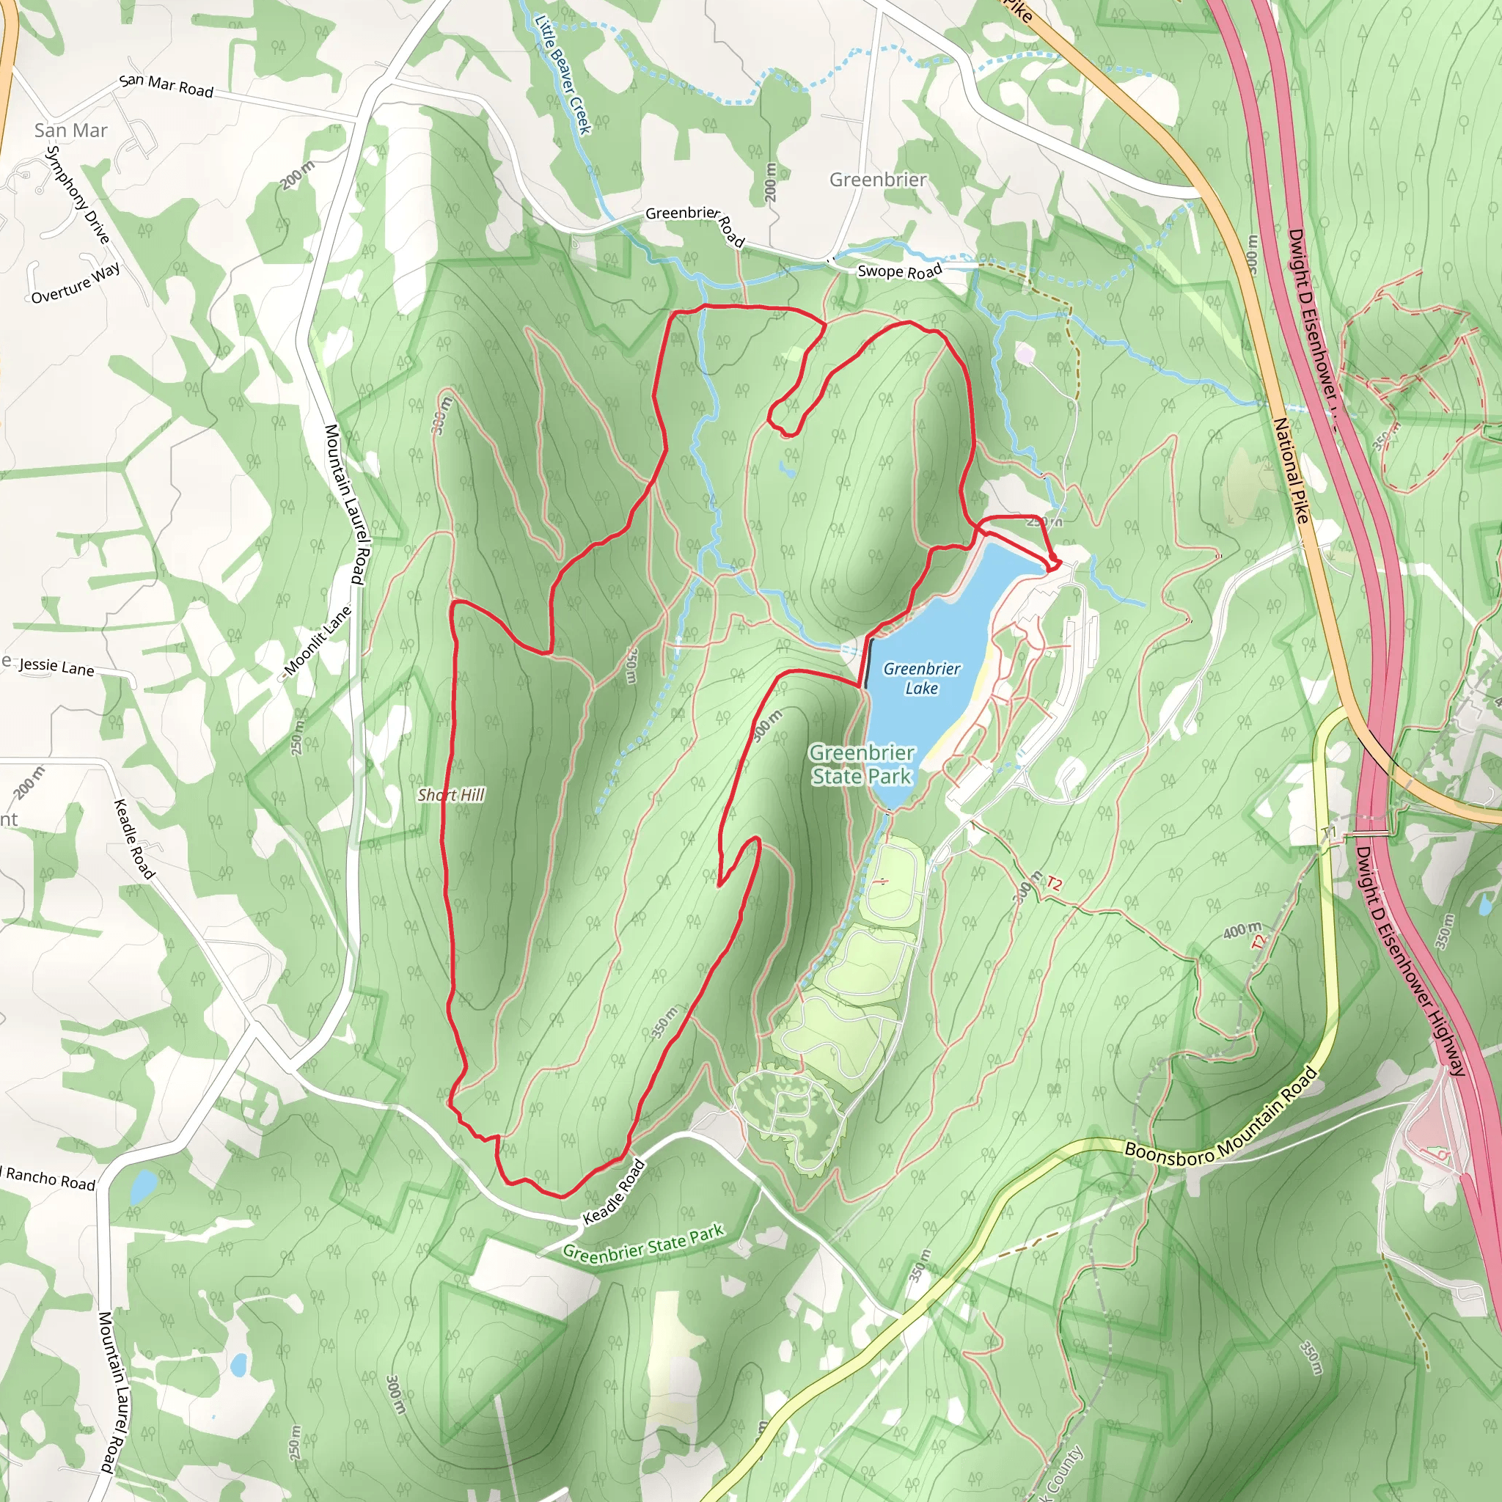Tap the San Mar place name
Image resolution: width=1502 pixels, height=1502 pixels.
[70, 131]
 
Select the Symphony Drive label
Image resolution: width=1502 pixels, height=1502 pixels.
[78, 194]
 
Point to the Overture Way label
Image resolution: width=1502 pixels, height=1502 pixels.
[76, 283]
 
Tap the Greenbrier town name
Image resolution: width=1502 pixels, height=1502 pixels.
[878, 180]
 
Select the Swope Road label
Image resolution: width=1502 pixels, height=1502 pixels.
[899, 271]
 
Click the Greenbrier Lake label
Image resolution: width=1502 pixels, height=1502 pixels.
[922, 678]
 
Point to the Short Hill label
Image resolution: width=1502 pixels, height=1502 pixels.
[451, 794]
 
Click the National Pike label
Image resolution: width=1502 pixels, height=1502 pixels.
[1292, 469]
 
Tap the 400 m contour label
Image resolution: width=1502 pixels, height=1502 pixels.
[1242, 929]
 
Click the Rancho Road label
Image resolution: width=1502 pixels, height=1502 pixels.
[51, 1179]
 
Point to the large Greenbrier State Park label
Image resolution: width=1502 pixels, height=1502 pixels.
[862, 764]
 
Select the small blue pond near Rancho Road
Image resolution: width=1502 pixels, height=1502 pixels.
[142, 1187]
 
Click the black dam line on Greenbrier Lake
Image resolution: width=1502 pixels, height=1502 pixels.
[867, 663]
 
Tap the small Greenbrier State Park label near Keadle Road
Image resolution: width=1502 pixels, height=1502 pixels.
[644, 1243]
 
